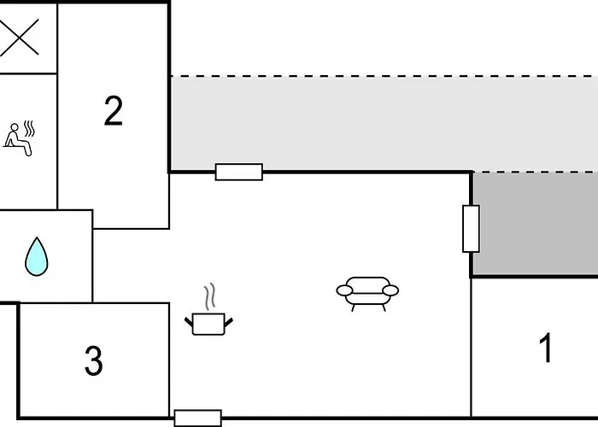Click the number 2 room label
tap(114, 111)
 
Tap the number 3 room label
tap(93, 360)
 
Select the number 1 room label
tap(546, 348)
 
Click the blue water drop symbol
tap(37, 256)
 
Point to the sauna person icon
tap(19, 138)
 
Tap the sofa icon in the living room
tap(367, 294)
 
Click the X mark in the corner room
tap(19, 37)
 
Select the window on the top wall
tap(239, 172)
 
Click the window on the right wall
tap(471, 229)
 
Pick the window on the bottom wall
tap(198, 418)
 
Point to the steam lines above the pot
tap(210, 296)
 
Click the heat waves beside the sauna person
tap(29, 128)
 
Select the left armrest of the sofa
tap(344, 290)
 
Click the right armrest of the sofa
tap(390, 290)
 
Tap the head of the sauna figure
tap(15, 127)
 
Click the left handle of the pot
tap(189, 322)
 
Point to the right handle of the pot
tap(228, 322)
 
